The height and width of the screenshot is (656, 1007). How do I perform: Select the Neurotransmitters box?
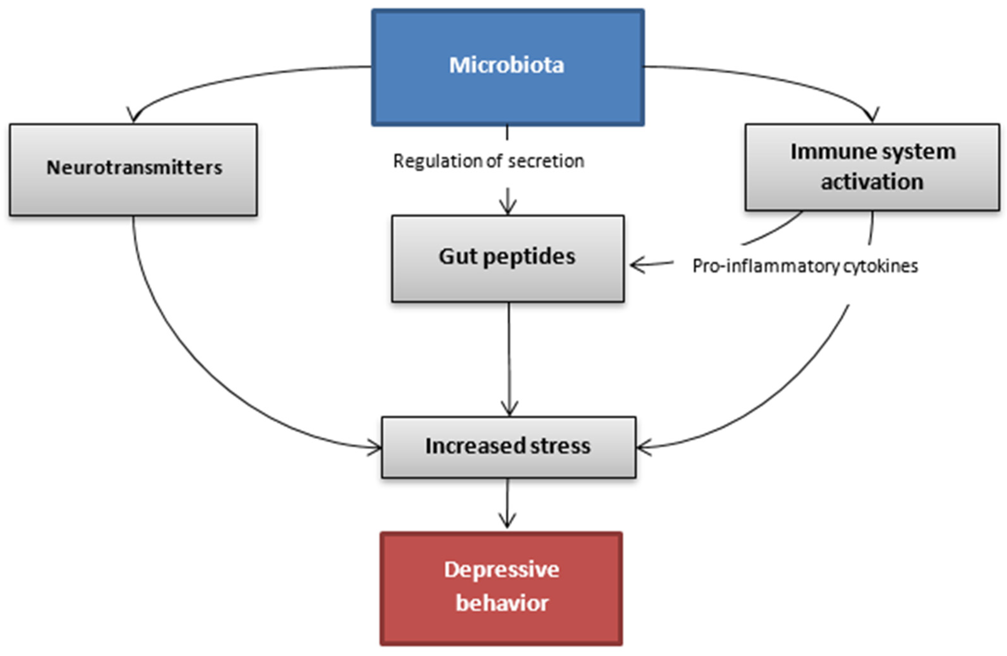[x=133, y=169]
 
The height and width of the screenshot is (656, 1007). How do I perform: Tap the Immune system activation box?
[x=872, y=167]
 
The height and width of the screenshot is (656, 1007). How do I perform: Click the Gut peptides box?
[x=508, y=258]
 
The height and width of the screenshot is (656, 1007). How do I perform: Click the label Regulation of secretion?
[x=489, y=161]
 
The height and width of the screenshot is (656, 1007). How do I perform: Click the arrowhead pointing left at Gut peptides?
[x=635, y=265]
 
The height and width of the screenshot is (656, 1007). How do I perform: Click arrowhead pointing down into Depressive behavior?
[x=507, y=523]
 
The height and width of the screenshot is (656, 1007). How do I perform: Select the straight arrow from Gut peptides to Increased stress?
[x=509, y=360]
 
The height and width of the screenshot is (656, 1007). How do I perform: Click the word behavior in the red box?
[x=502, y=603]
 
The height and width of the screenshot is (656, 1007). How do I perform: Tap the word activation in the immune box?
[x=872, y=182]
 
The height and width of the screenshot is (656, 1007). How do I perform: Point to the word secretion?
[x=546, y=161]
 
